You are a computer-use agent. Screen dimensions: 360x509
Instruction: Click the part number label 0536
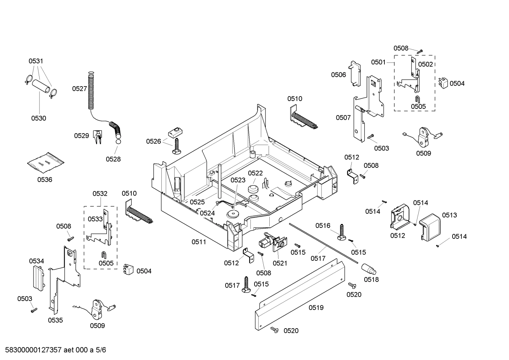(x=45, y=179)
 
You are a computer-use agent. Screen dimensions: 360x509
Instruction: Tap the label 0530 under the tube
(x=38, y=118)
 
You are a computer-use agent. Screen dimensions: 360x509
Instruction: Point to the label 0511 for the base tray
(x=199, y=242)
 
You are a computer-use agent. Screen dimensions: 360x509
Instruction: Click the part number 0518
(x=371, y=279)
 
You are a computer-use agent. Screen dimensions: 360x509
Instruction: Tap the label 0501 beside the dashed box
(x=378, y=62)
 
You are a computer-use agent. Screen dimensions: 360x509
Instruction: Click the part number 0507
(x=343, y=118)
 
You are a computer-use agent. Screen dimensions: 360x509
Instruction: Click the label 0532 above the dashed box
(x=100, y=194)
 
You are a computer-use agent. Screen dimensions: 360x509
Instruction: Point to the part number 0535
(x=55, y=320)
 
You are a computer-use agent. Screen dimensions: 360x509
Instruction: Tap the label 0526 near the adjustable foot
(x=154, y=141)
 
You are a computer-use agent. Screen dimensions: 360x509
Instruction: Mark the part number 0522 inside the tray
(x=255, y=173)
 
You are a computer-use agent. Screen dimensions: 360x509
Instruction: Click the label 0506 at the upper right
(x=338, y=75)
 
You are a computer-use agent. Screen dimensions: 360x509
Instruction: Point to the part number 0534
(x=36, y=261)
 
